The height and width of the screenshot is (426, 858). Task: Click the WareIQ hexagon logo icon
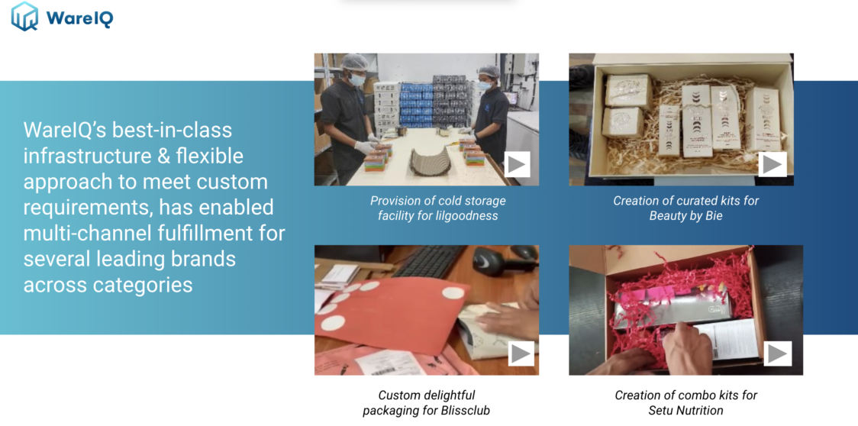24,16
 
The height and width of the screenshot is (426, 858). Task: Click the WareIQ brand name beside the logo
80,18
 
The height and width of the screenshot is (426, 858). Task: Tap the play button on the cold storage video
517,163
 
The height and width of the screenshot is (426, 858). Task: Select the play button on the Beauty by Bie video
772,163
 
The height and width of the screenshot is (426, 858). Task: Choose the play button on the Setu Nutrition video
778,353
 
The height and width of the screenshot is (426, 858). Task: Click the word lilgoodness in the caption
467,216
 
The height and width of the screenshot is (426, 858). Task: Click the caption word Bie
714,216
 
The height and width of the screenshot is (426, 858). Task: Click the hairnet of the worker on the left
355,62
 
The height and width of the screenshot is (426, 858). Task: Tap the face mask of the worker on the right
485,86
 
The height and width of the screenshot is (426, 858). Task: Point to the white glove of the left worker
364,147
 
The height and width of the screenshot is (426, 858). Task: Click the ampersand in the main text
179,156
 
